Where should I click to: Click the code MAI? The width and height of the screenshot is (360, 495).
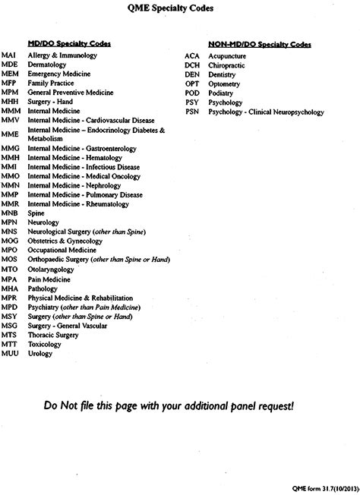pyautogui.click(x=9, y=56)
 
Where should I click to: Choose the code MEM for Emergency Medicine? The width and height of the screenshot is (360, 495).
pyautogui.click(x=10, y=74)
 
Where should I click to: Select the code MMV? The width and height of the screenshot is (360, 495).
pyautogui.click(x=10, y=120)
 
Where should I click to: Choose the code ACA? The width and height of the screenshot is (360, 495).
pyautogui.click(x=191, y=56)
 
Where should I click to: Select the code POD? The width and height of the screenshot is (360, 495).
pyautogui.click(x=191, y=93)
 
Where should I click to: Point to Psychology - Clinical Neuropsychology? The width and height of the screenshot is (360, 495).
pyautogui.click(x=264, y=112)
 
